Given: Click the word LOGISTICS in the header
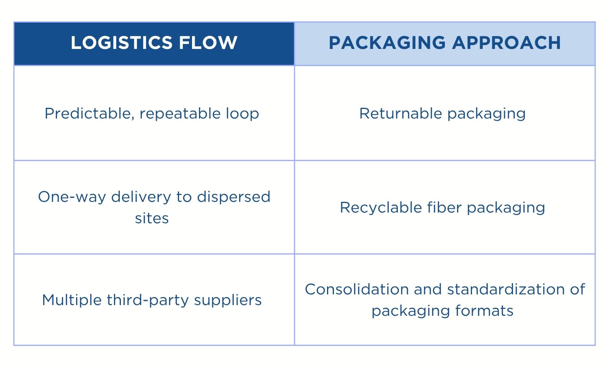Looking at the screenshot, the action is click(x=122, y=43).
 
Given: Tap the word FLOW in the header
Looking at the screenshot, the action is click(x=208, y=43).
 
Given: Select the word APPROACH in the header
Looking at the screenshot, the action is click(x=506, y=43).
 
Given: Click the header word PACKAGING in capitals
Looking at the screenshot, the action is click(x=387, y=43).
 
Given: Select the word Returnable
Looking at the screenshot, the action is click(x=400, y=113).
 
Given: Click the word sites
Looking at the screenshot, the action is click(x=152, y=218).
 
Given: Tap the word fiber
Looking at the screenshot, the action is click(x=444, y=207).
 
